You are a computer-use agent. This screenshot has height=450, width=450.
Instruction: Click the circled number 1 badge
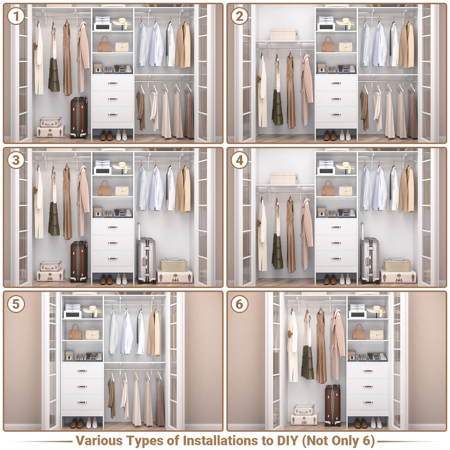tap(16, 17)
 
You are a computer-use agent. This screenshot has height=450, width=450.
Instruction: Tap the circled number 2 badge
tap(239, 17)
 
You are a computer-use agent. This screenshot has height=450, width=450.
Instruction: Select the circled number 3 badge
tap(16, 161)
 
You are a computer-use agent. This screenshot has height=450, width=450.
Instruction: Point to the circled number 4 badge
tap(239, 161)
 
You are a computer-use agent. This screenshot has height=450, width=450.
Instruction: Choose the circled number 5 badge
tap(16, 304)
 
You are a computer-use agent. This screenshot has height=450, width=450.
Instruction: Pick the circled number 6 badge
tap(239, 304)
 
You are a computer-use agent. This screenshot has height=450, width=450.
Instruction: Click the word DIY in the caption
tap(287, 441)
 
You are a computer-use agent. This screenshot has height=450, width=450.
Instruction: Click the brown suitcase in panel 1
tap(79, 118)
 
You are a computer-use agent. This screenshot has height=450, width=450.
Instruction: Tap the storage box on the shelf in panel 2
tap(284, 34)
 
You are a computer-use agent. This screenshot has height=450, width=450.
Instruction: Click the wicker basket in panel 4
tap(397, 265)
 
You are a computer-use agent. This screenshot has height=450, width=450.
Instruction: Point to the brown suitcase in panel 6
tap(332, 405)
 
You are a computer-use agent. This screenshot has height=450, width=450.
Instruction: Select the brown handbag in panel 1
tap(105, 44)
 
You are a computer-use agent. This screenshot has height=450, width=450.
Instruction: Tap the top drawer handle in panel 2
tap(336, 83)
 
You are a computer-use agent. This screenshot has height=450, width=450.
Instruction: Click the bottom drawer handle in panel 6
tap(368, 402)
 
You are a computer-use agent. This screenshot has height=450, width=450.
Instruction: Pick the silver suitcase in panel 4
tap(370, 260)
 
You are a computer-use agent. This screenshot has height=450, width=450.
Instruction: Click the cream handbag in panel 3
tap(122, 191)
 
